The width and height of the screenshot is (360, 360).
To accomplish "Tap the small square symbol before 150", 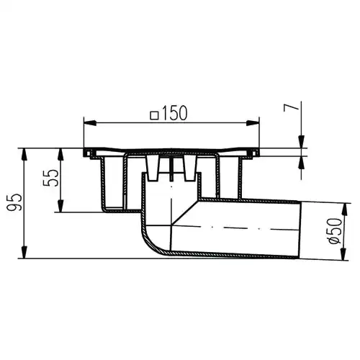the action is [154, 115].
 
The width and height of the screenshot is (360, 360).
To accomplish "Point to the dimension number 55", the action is [50, 178].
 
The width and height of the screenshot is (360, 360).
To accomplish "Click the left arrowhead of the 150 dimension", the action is [89, 123].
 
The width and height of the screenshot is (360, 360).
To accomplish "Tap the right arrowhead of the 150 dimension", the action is [253, 123].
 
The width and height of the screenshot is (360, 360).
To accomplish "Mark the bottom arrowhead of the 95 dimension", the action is [24, 253].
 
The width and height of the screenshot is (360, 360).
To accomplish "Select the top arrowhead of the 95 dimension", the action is [24, 155].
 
